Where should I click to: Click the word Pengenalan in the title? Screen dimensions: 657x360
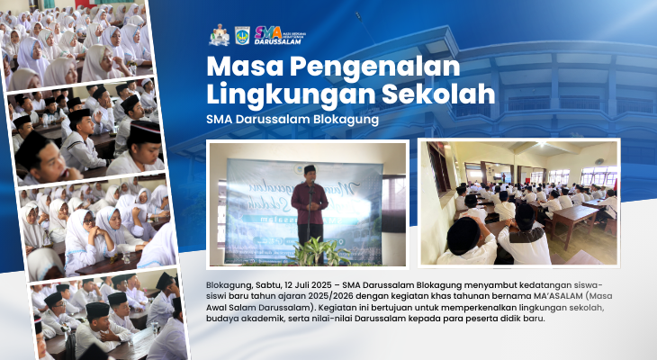(375, 67)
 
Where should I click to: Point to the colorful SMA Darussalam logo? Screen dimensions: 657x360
(280, 35)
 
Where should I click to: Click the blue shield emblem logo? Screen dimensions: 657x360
(242, 36)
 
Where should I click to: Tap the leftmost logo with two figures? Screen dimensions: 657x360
(219, 35)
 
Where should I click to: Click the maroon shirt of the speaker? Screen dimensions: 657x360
(310, 203)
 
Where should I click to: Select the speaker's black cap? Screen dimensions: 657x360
(310, 168)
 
